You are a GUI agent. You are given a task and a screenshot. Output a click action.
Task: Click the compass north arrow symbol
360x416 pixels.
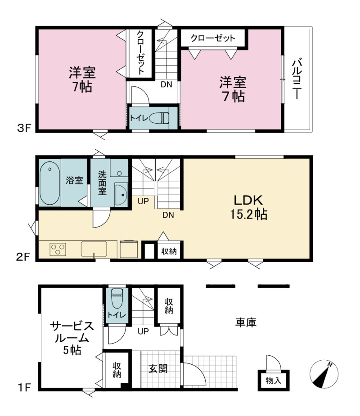pyautogui.click(x=324, y=374)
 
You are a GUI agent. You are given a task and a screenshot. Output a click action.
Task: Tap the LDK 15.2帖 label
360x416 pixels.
pyautogui.click(x=248, y=207)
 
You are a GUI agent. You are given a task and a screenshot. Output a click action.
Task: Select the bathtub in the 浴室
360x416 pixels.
pyautogui.click(x=49, y=183)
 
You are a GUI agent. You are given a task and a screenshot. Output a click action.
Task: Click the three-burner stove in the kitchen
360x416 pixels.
pyautogui.click(x=58, y=250)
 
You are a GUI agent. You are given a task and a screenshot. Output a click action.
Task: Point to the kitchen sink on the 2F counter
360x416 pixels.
pyautogui.click(x=94, y=249)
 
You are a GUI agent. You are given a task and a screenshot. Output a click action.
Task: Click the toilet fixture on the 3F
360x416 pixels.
pyautogui.click(x=159, y=118)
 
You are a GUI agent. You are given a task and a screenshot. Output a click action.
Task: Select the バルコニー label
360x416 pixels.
pyautogui.click(x=297, y=79)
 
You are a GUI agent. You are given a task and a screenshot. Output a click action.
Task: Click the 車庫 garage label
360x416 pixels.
pyautogui.click(x=246, y=322)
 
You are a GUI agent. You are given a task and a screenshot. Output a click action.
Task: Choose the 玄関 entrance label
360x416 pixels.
pyautogui.click(x=157, y=368)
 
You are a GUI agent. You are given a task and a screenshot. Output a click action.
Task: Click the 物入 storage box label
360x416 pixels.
pyautogui.click(x=274, y=381)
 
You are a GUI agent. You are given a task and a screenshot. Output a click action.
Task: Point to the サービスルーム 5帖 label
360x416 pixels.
pyautogui.click(x=72, y=338)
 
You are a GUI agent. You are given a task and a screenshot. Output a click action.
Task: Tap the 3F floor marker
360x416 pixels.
pyautogui.click(x=24, y=128)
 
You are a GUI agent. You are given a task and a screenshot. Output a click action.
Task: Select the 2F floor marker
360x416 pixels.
pyautogui.click(x=23, y=257)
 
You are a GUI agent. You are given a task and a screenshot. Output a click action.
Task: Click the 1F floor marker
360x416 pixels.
pyautogui.click(x=24, y=388)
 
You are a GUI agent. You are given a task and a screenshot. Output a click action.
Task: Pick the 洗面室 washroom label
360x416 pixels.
pyautogui.click(x=102, y=183)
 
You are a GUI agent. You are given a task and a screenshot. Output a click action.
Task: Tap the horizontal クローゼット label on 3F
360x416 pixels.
pyautogui.click(x=213, y=38)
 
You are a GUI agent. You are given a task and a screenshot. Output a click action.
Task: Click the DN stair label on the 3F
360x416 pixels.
pyautogui.click(x=166, y=85)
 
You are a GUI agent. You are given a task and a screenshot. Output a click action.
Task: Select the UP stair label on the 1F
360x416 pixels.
pyautogui.click(x=143, y=331)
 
